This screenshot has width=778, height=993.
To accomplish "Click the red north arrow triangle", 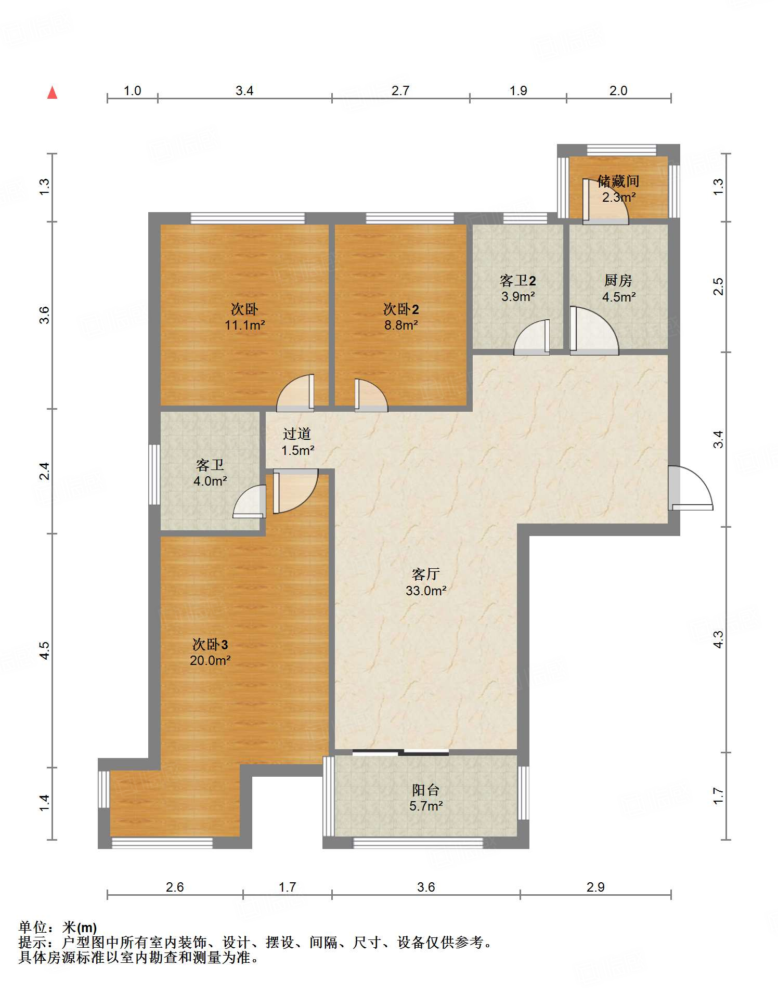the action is (52, 93).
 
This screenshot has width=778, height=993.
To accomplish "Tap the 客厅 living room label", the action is (426, 574).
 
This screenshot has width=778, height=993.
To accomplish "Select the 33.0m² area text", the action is (426, 591).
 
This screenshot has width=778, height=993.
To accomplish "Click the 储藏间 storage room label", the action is (618, 181).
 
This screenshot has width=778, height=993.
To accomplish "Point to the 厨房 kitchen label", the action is (618, 281).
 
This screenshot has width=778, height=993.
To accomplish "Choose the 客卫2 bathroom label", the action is (518, 281).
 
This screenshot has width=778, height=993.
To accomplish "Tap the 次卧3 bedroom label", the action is (210, 645).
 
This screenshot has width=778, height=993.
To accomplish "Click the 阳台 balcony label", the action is (426, 790).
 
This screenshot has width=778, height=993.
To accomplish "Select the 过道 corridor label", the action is (297, 434).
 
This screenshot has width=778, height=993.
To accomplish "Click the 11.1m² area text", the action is (245, 325).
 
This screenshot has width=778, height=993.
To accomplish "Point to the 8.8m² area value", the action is (401, 325).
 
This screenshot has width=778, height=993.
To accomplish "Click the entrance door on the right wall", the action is (690, 488).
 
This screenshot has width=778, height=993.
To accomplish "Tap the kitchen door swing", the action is (594, 331).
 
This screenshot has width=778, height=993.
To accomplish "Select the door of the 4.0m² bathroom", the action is (250, 501).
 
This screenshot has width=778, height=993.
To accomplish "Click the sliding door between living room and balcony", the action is (400, 752).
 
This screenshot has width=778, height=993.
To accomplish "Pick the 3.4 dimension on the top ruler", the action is (244, 90).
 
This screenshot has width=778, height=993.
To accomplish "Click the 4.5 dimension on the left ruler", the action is (45, 650).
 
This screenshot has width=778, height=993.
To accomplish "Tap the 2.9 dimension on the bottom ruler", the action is (595, 887).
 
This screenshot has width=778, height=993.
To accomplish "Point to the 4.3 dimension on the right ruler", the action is (718, 639).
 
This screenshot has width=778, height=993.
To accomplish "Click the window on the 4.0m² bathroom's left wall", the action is (154, 474).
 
